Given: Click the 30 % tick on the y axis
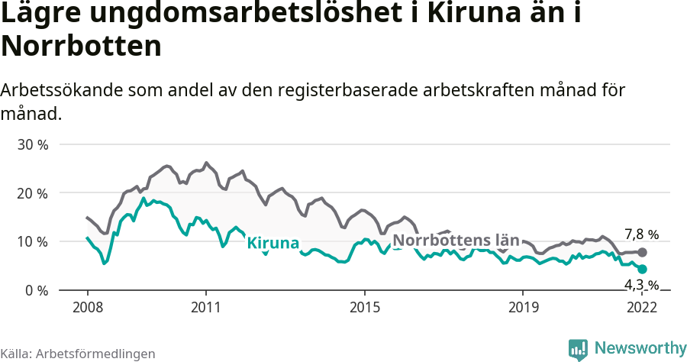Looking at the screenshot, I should (x=32, y=144).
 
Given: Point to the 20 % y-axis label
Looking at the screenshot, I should (x=32, y=193).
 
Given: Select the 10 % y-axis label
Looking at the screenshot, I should (x=32, y=242).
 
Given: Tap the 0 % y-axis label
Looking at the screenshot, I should (x=36, y=291).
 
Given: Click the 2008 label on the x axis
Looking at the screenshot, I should (x=87, y=307).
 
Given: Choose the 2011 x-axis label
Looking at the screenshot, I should (x=206, y=307).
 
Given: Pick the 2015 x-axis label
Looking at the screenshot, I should (x=364, y=307).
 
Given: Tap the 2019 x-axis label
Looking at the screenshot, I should (x=523, y=307).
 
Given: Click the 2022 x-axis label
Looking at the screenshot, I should (x=642, y=307).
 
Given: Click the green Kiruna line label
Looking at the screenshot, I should (x=273, y=243).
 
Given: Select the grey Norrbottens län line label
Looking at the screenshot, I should (x=456, y=240).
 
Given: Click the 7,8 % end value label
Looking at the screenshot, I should (x=641, y=234).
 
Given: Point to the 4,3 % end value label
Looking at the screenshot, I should (x=641, y=285).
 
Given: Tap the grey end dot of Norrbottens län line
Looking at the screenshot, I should (x=643, y=252).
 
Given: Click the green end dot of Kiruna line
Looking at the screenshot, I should (x=643, y=269).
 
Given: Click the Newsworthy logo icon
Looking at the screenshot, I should (x=578, y=349).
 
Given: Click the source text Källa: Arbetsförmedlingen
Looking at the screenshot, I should (x=78, y=354).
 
